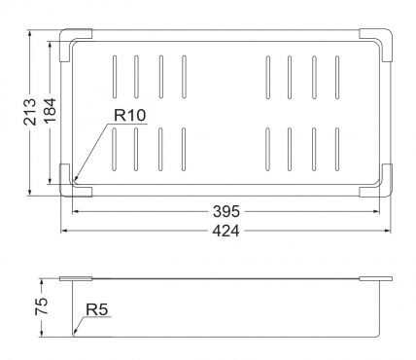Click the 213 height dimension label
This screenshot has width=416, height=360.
[30, 112]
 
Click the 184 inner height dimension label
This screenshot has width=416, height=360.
[50, 111]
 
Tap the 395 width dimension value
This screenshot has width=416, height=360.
[226, 212]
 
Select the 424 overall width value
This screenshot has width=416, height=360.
[226, 231]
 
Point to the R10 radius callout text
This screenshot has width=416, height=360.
[130, 115]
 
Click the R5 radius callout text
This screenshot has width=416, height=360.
[96, 309]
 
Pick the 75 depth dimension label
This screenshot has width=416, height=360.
[42, 306]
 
